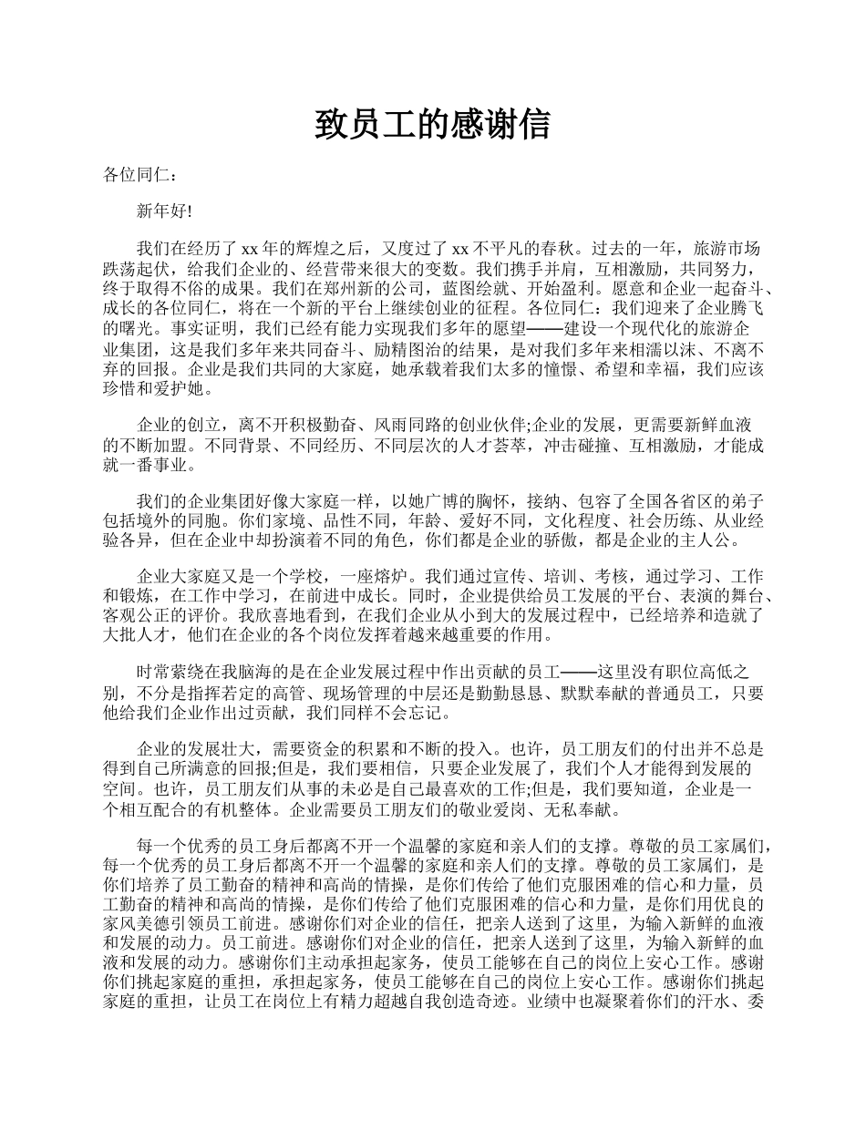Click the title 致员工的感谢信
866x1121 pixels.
pyautogui.click(x=432, y=124)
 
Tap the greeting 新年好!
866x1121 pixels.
pyautogui.click(x=164, y=211)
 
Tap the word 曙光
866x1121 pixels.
pyautogui.click(x=121, y=328)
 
